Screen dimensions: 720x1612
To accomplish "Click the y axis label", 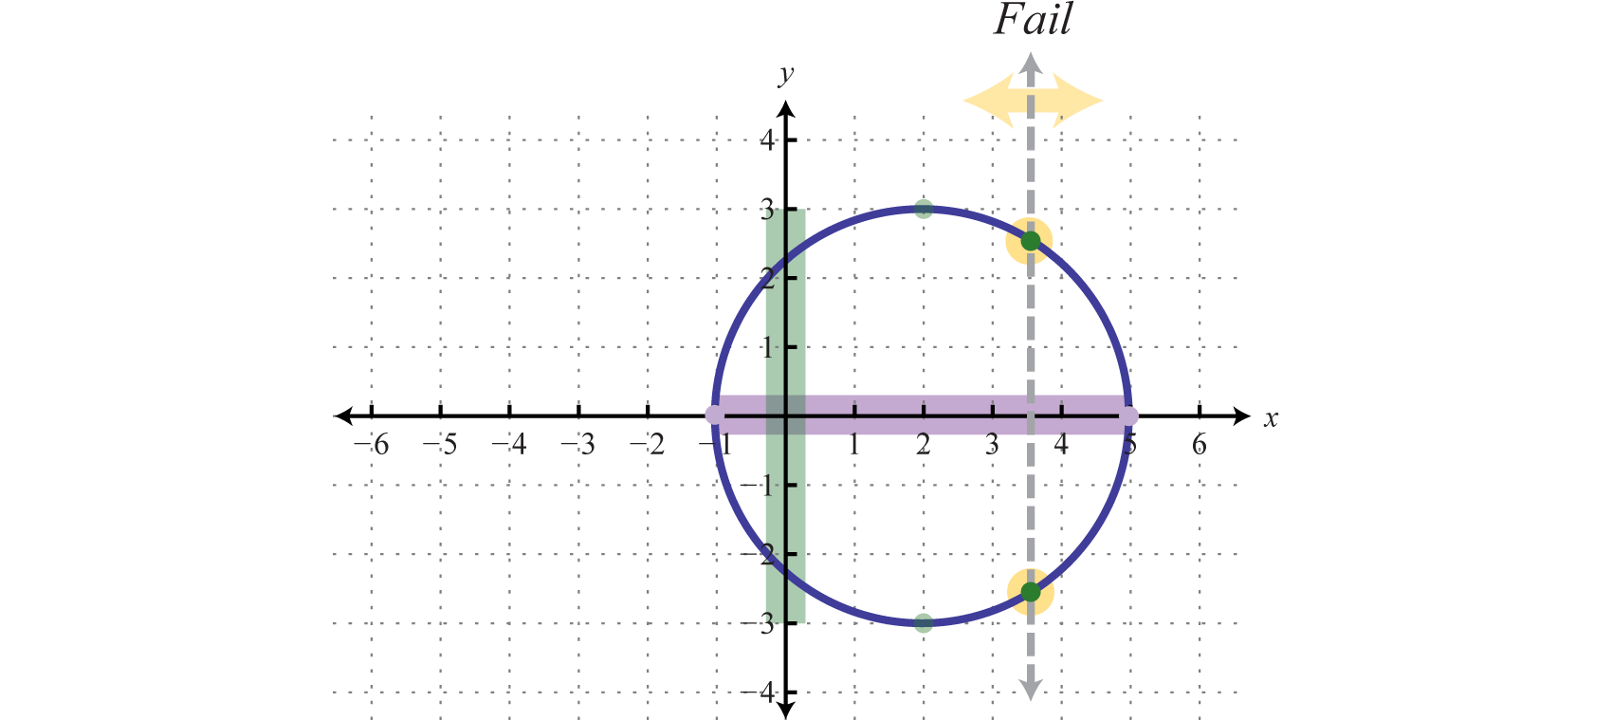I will point(785,75).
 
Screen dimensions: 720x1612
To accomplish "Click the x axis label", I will point(1271,418).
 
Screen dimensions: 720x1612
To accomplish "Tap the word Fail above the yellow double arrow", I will point(1033,20).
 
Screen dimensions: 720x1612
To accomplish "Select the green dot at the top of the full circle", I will point(924,209).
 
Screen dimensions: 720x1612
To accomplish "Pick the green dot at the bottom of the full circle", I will point(924,622).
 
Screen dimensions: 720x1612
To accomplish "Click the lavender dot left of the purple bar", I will point(715,415).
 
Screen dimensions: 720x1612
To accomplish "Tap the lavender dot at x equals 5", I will point(1128,415).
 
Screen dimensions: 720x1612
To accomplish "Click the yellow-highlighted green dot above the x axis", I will point(1031,241).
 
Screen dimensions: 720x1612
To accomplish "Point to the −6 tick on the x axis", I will point(372,444).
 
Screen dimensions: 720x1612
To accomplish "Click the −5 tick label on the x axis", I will point(441,444).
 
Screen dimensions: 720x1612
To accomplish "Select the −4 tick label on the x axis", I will point(510,444).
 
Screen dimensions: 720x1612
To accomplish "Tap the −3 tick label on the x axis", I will point(578,444).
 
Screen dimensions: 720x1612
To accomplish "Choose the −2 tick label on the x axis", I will point(648,444).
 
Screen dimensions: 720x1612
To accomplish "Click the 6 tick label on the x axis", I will point(1200,444).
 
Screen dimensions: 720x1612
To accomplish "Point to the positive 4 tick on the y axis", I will point(767,140).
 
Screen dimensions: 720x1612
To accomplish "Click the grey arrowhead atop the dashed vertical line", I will point(1031,63).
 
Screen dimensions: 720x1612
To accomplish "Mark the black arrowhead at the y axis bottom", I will point(786,711).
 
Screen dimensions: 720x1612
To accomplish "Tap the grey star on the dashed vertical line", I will point(1031,686).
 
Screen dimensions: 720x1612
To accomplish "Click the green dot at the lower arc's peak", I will point(924,520).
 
